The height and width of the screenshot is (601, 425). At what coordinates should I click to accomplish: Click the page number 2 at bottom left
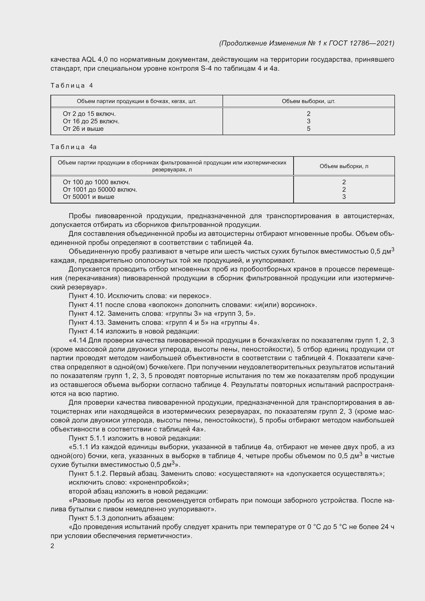pos(52,546)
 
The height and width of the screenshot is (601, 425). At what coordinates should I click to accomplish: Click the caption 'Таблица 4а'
pos(73,147)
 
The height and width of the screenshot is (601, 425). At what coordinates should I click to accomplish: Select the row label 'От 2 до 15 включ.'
pos(89,114)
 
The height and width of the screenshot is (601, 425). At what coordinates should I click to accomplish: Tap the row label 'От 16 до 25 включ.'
pos(91,121)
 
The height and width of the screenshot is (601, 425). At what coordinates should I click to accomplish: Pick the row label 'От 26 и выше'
pos(83,129)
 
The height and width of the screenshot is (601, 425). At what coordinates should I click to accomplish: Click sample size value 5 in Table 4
pos(309,129)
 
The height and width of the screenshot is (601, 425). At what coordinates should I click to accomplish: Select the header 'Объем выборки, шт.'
pos(309,101)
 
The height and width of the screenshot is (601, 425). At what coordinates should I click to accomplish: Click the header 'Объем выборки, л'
pos(344,166)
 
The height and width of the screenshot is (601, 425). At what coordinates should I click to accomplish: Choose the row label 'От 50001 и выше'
pos(88,197)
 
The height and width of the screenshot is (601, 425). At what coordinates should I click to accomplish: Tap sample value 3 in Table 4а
pos(344,197)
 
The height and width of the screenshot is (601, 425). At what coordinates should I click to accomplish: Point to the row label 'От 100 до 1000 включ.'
pos(96,182)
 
